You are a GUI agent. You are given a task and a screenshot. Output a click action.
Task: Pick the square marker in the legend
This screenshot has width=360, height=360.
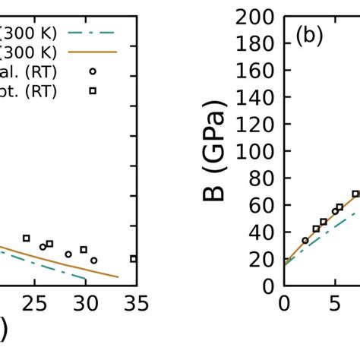[x=92, y=91]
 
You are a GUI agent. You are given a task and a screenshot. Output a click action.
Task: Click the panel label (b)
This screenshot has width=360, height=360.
[x=310, y=37]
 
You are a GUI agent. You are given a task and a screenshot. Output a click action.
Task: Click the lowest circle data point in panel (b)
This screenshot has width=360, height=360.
[x=305, y=241]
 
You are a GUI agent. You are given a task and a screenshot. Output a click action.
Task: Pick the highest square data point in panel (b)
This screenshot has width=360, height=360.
[x=355, y=194]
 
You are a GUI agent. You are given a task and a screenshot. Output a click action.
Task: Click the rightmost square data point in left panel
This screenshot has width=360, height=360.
[x=134, y=259]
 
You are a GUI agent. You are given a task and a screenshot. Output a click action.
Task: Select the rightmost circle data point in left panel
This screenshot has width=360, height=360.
[x=93, y=261]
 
